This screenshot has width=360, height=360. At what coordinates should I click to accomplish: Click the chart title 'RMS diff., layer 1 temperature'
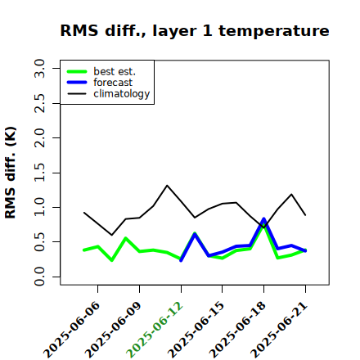[x=195, y=30]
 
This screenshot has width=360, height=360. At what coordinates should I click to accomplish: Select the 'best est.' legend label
[x=115, y=71]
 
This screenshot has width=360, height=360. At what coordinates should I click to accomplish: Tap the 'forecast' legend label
[x=113, y=83]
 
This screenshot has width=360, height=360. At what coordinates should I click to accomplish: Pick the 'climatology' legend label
[x=122, y=94]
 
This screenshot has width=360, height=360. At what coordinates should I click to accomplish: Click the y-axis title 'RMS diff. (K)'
[x=11, y=173]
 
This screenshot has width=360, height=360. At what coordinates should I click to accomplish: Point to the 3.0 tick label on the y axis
[x=39, y=68]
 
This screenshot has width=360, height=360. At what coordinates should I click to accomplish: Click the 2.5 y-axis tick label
[x=39, y=103]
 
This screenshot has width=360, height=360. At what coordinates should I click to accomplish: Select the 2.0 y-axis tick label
[x=39, y=137]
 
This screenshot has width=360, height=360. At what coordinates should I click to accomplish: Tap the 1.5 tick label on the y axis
[x=39, y=173]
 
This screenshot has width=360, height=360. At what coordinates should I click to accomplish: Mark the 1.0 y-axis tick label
[x=39, y=207]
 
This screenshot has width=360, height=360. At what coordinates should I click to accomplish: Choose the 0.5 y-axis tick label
[x=39, y=242]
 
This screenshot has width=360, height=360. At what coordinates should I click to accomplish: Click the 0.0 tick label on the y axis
[x=39, y=277]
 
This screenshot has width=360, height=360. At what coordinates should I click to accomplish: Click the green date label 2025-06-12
[x=155, y=330]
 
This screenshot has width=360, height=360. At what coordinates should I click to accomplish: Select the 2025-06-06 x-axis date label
[x=71, y=330]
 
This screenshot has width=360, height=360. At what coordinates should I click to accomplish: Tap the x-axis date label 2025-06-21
[x=279, y=330]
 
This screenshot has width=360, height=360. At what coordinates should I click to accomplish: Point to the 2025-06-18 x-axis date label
[x=237, y=330]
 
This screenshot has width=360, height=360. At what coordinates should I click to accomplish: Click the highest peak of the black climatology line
[x=167, y=186]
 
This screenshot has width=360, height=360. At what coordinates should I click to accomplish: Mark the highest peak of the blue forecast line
[x=263, y=218]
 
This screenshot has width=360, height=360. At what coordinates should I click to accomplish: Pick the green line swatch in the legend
[x=77, y=71]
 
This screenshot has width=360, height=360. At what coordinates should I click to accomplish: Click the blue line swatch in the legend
[x=77, y=83]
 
